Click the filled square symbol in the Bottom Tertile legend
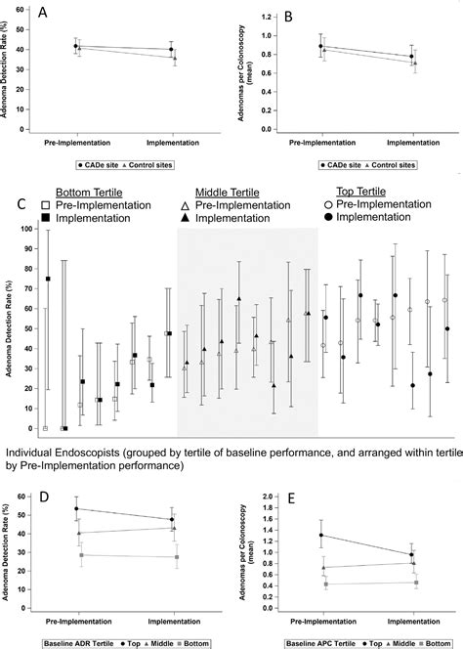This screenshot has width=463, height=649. coord(46,221)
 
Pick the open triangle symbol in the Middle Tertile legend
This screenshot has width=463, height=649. coord(187,207)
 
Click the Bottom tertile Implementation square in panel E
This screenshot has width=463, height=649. coord(414,583)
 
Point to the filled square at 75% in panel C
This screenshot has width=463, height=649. coord(47,279)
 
